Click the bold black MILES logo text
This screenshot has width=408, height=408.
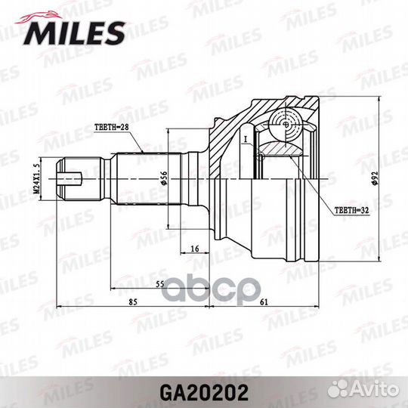coord(74,33)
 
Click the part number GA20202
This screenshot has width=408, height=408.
coord(204,393)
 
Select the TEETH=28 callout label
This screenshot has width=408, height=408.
coord(112,128)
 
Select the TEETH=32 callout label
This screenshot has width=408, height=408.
coord(351,211)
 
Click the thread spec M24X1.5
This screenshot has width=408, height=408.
coord(36,179)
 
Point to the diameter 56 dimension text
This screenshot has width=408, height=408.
coord(164,178)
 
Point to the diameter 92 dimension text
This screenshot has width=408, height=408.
coord(375,179)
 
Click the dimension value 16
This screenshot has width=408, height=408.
coord(195,249)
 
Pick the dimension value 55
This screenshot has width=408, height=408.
coord(159,284)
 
